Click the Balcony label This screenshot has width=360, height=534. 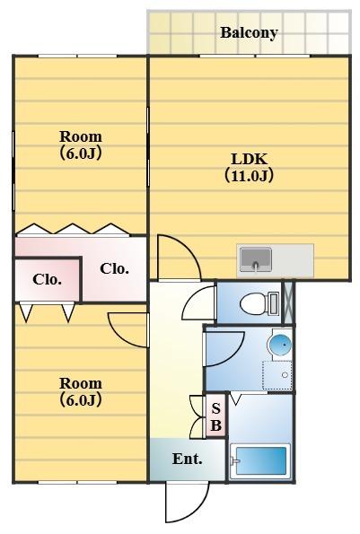coord(249,33)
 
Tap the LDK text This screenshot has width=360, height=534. coord(249,160)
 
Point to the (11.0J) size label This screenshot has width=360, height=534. coord(249,176)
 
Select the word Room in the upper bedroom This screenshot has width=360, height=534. coord(80,136)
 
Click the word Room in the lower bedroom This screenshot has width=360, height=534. coord(80,384)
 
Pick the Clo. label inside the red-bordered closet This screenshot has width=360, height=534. coord(47,279)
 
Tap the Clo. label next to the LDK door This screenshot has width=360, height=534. coord(114,268)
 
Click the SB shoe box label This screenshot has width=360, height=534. coord(215,416)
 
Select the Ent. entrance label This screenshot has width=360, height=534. coord(187,460)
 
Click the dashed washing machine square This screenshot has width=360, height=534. coord(277,374)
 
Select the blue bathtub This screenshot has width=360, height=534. coord(259,462)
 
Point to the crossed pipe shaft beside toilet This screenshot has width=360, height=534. coord(288,302)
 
